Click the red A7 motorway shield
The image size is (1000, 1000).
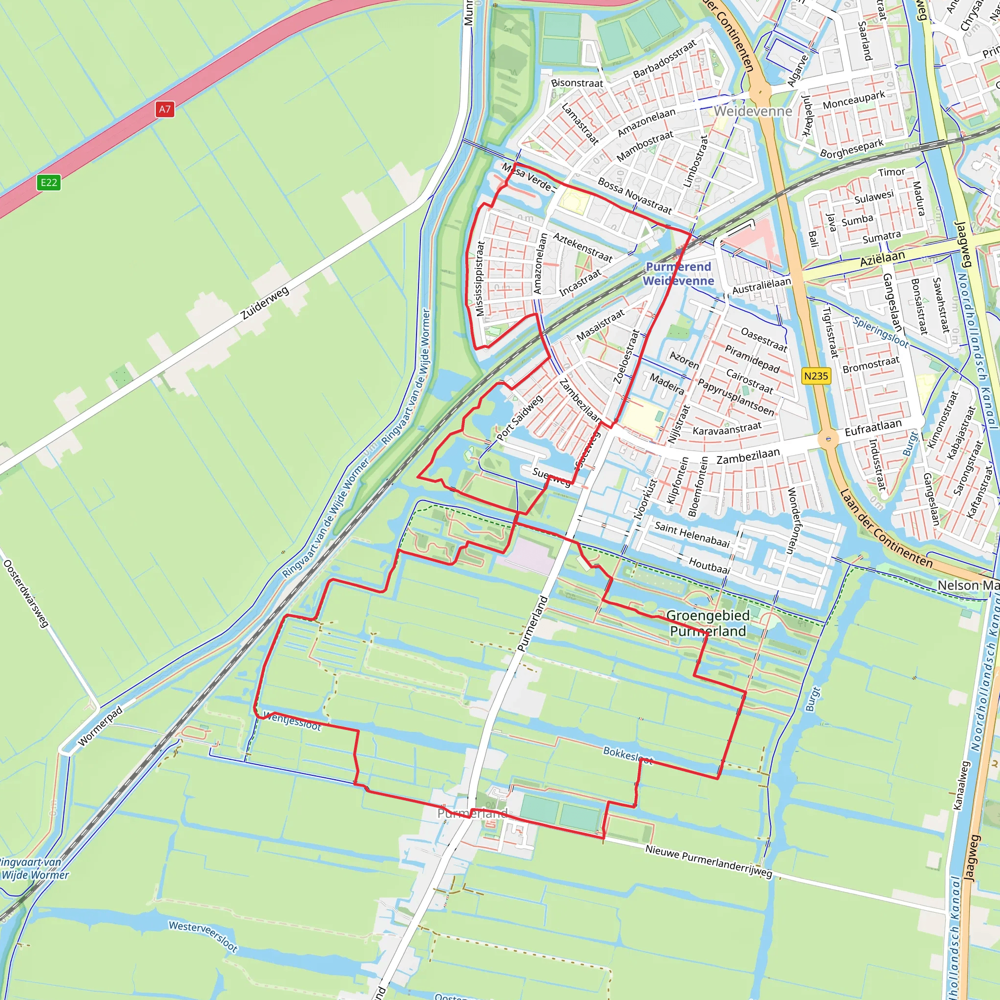click(164, 109)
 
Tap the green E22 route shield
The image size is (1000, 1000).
click(49, 182)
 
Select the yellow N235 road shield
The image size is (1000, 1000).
click(816, 376)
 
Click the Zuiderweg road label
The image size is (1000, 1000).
click(265, 303)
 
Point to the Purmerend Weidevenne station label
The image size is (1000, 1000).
click(678, 274)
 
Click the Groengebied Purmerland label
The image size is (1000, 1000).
click(708, 623)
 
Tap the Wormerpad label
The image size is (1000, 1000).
click(101, 726)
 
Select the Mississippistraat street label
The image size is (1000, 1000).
click(480, 278)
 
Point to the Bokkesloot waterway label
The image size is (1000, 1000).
click(628, 755)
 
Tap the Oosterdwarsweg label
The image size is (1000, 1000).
click(26, 594)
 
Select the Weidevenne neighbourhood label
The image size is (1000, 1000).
click(753, 111)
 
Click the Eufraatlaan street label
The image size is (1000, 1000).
click(873, 428)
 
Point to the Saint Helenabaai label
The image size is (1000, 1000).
click(692, 535)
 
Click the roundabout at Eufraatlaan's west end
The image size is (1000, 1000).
click(828, 439)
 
